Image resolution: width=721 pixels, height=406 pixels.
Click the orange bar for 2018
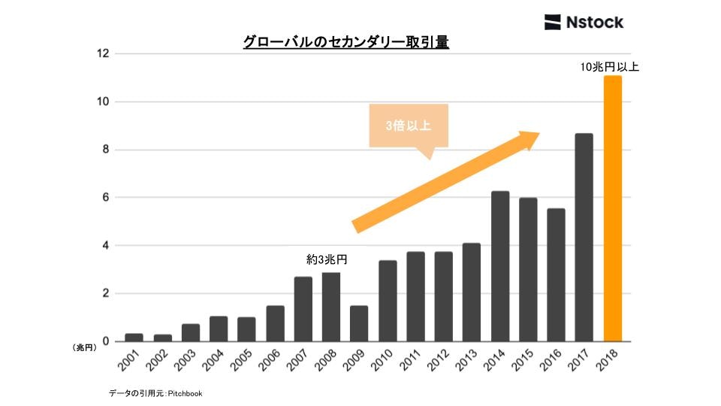click(613, 209)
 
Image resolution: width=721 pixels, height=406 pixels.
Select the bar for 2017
click(584, 238)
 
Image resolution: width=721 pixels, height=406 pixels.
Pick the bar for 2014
click(500, 266)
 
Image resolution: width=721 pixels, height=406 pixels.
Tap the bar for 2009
click(359, 323)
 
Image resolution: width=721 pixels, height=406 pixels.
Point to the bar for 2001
click(134, 338)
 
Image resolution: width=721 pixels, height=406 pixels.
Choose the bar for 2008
click(331, 307)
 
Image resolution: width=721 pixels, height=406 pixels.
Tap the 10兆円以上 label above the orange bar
click(609, 67)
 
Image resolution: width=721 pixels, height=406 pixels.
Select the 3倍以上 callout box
click(409, 126)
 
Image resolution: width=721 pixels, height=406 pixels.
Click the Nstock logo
click(584, 22)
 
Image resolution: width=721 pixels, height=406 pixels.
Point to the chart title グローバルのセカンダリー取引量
click(345, 43)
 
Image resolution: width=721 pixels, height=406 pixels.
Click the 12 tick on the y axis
click(103, 53)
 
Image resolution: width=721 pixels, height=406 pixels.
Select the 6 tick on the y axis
click(106, 198)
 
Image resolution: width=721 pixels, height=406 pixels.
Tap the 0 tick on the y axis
click(106, 341)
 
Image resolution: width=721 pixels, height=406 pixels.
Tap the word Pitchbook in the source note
click(186, 393)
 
